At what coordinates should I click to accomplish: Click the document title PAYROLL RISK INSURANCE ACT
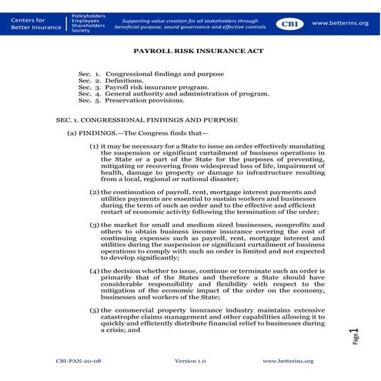click(x=189, y=57)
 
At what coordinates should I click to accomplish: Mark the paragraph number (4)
click(x=94, y=271)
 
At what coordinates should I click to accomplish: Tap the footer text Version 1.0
click(x=190, y=360)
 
